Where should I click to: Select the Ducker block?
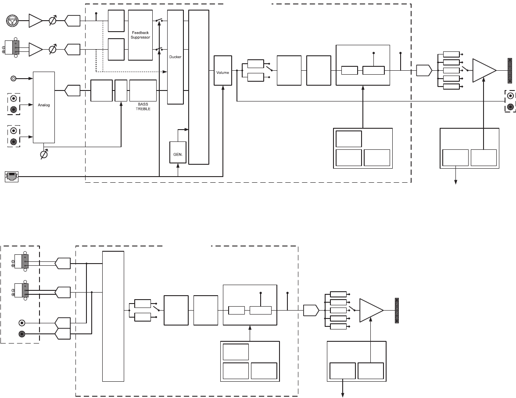[x=175, y=57]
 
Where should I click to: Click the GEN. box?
[x=178, y=152]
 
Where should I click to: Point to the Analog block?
[x=44, y=105]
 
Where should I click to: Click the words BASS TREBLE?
[x=143, y=106]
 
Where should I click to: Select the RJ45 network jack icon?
[x=11, y=176]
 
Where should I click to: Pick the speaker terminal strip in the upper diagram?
[x=510, y=70]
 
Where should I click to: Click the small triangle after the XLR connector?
[x=35, y=20]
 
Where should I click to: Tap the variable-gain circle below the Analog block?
[x=43, y=155]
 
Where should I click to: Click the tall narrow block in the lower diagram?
[x=113, y=316]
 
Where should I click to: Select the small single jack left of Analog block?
[x=14, y=79]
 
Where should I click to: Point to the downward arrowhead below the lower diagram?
[x=343, y=395]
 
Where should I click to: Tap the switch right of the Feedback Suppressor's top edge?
[x=159, y=21]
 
